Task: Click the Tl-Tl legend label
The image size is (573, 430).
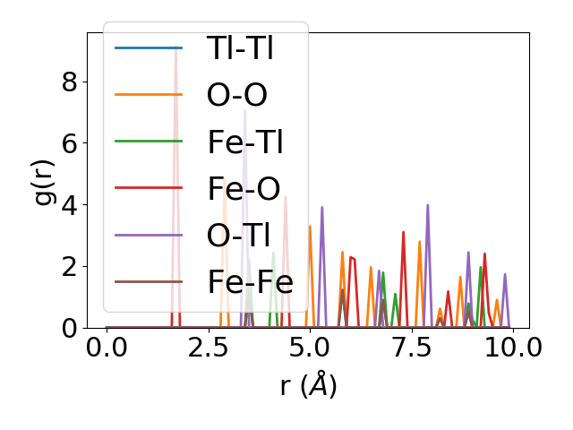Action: [x=240, y=48]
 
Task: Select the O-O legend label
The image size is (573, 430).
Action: [x=236, y=95]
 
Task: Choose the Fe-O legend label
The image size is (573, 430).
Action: [x=244, y=188]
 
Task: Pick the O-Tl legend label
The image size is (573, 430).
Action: [x=240, y=235]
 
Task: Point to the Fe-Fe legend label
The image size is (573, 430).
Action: [x=250, y=282]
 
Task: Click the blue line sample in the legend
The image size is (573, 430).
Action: [x=149, y=48]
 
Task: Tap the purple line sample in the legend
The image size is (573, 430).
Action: [x=149, y=235]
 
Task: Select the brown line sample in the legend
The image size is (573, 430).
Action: [x=149, y=282]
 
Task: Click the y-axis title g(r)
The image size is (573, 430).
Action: [x=46, y=180]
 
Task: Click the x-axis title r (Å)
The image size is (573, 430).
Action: [x=307, y=386]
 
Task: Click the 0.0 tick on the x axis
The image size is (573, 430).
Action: [x=107, y=348]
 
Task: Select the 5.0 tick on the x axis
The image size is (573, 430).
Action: [x=310, y=348]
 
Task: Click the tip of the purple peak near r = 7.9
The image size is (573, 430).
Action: [x=428, y=205]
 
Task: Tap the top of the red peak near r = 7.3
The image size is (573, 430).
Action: [x=404, y=232]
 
